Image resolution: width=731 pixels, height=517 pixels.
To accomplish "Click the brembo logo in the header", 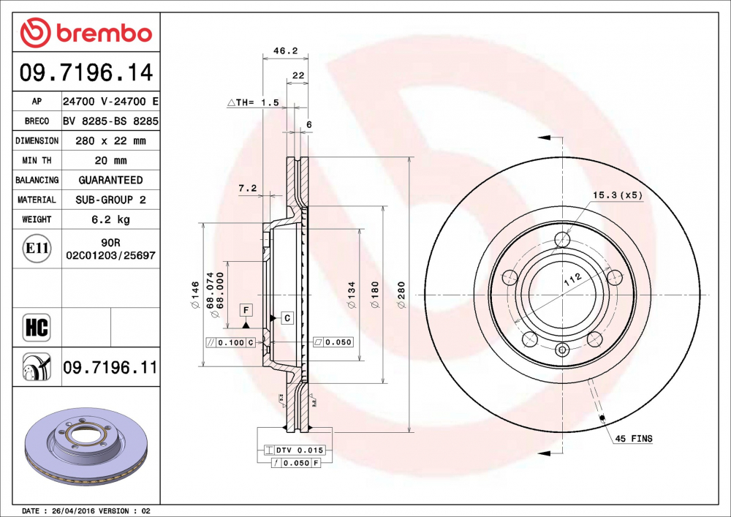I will coord(86,32).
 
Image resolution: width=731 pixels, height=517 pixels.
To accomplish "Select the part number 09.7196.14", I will coord(86,73).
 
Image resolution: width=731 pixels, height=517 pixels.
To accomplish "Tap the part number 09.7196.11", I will coord(110,367).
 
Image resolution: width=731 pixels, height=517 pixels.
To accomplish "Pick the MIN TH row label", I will coord(37,160).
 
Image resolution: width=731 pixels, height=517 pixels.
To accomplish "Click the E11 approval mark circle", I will coord(37,249).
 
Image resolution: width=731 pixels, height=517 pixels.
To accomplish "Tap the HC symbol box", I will coord(37,327).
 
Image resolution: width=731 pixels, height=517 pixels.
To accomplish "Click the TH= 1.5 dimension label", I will coord(254,103).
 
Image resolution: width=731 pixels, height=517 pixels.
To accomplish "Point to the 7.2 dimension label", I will coord(248,188).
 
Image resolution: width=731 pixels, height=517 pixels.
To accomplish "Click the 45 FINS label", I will coord(633,439).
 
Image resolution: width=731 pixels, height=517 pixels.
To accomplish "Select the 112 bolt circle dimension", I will coord(571,278).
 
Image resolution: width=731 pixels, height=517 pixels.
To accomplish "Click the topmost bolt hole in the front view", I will coord(561,240).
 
